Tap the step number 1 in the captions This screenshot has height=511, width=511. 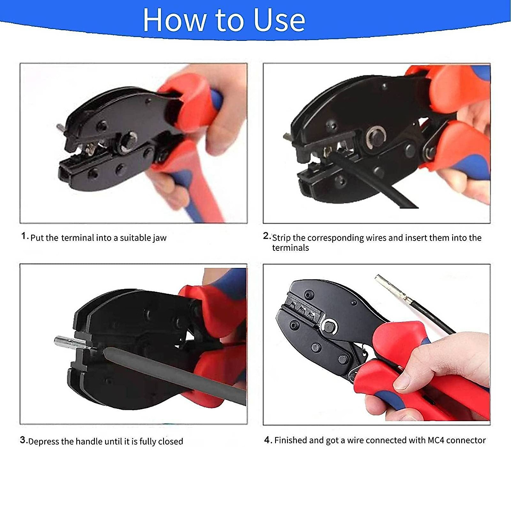click(24, 236)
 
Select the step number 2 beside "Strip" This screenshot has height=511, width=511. click(266, 236)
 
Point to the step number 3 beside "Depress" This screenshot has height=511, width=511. click(23, 440)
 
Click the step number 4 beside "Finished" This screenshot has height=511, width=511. click(268, 440)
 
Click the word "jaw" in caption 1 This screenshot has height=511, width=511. click(160, 238)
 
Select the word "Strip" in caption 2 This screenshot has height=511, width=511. click(281, 238)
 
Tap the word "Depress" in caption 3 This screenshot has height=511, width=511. click(44, 442)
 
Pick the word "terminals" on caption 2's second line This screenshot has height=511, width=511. click(290, 248)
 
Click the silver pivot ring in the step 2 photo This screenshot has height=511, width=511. click(375, 138)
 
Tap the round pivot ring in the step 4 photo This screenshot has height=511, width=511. click(329, 327)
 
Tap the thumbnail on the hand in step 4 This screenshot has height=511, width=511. click(402, 382)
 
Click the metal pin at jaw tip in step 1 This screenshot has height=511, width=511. click(60, 128)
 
